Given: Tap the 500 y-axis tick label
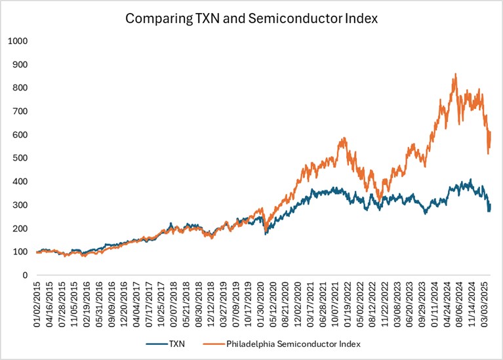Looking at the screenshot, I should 21,158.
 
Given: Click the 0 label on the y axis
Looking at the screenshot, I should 25,275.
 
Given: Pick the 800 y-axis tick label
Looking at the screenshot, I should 21,88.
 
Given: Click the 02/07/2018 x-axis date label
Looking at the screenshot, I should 174,302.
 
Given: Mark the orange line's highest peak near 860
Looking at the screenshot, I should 455,74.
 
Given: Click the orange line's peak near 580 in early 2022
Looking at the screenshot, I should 344,138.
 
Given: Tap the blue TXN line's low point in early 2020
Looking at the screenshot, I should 266,233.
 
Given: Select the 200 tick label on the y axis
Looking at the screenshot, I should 21,228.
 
